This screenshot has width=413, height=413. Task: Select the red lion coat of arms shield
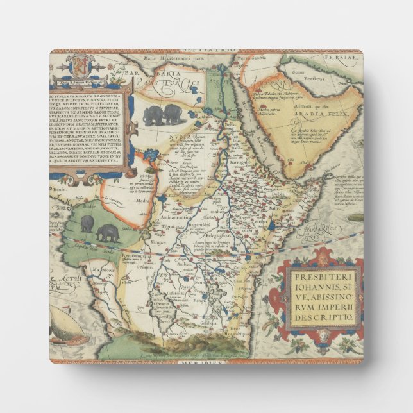point(75,65)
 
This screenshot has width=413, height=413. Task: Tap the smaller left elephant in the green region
point(87,223)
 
